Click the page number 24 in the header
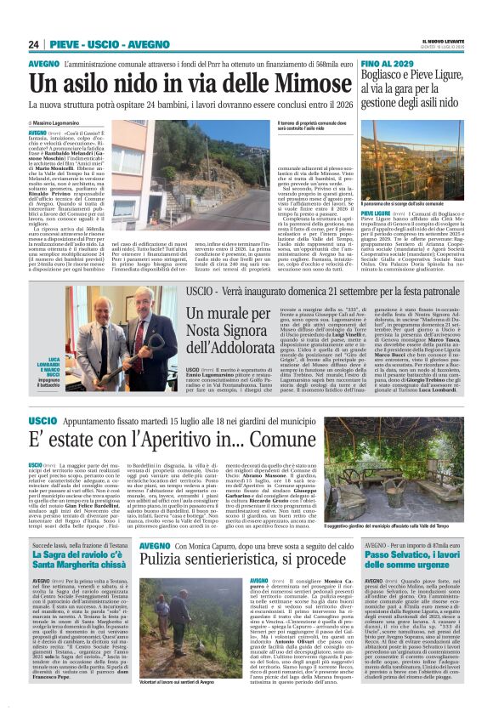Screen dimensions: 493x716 pyautogui.click(x=34, y=45)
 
